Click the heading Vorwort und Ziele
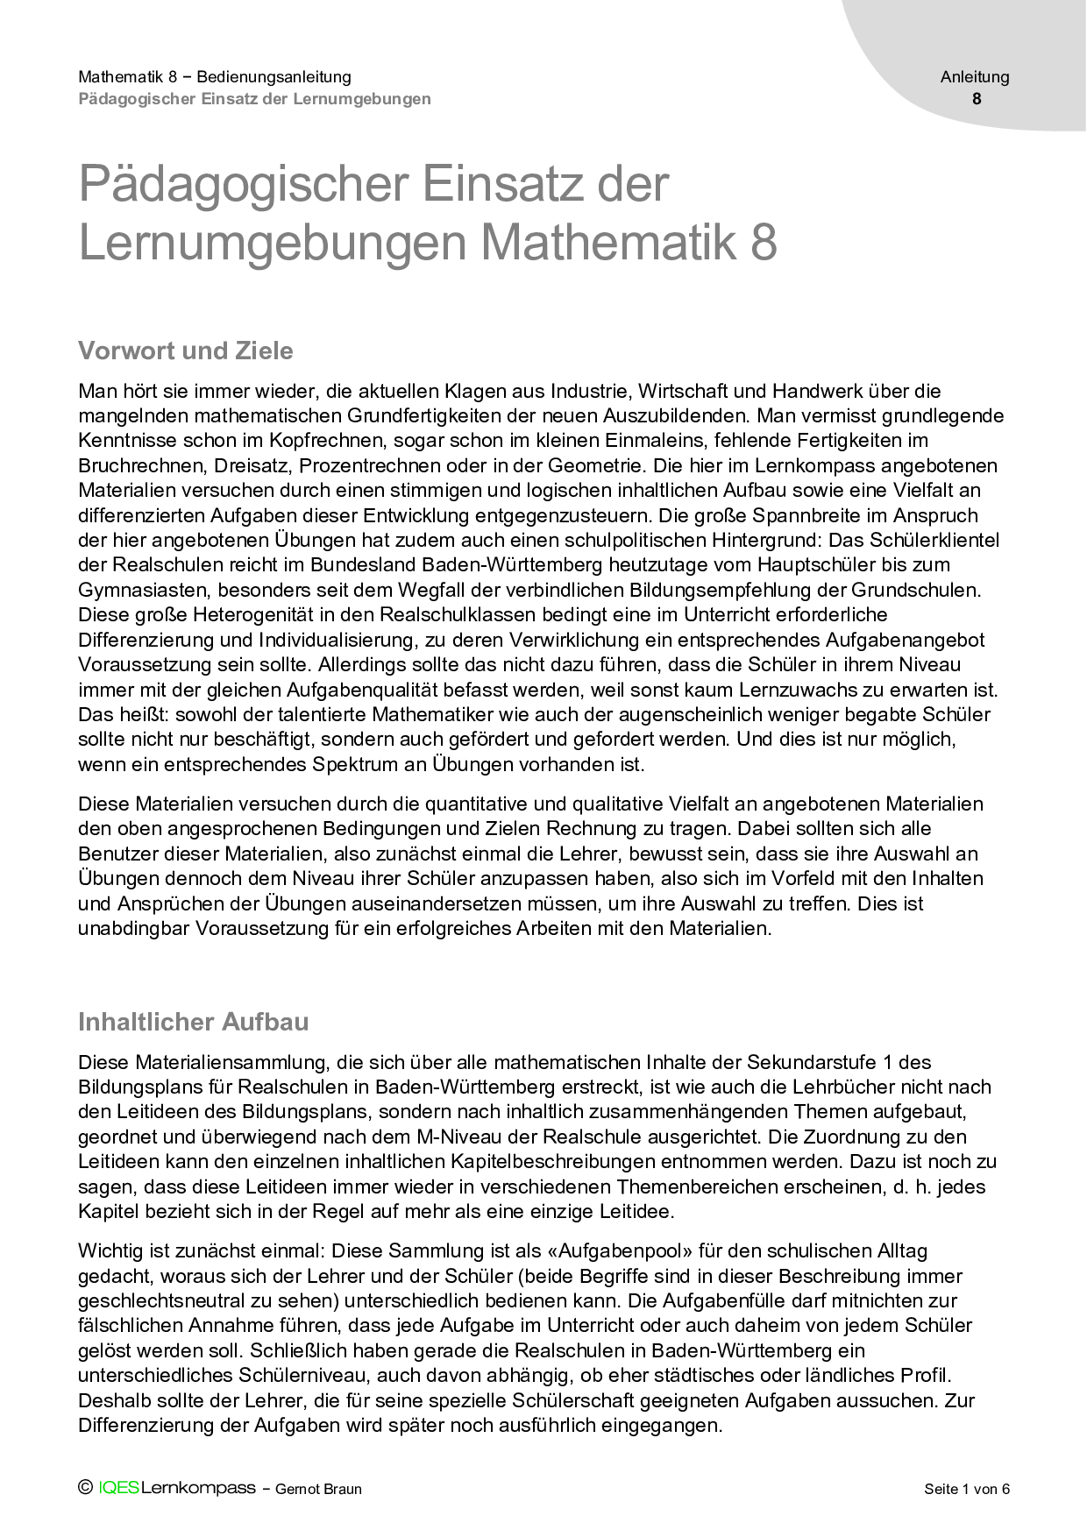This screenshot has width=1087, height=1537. [186, 351]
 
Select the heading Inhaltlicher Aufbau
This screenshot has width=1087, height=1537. [193, 1022]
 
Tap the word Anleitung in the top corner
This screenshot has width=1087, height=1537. [975, 77]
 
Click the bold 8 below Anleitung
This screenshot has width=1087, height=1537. [977, 99]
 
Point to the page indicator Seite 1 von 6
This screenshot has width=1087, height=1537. [967, 1489]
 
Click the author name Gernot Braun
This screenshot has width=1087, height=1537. [318, 1489]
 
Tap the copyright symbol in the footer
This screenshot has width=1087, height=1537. [85, 1488]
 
